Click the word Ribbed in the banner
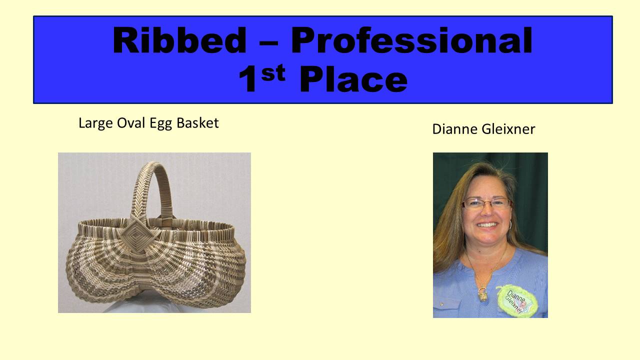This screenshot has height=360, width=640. (x=179, y=40)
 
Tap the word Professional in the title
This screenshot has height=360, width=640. (x=411, y=40)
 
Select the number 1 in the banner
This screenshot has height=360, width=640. (x=247, y=78)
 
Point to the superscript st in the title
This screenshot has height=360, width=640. (x=273, y=72)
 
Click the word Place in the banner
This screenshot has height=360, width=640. (x=353, y=78)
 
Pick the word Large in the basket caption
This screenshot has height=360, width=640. (x=95, y=123)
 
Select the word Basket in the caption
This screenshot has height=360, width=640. (x=197, y=123)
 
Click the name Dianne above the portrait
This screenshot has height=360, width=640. (x=455, y=129)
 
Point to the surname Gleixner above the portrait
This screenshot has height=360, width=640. (x=508, y=129)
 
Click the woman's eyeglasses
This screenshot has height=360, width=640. (x=486, y=203)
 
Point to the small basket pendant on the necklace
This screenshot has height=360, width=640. (x=482, y=294)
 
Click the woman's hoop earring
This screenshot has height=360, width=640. (x=510, y=224)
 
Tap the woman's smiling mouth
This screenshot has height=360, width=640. (x=487, y=225)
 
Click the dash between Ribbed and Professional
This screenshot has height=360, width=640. (x=268, y=44)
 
